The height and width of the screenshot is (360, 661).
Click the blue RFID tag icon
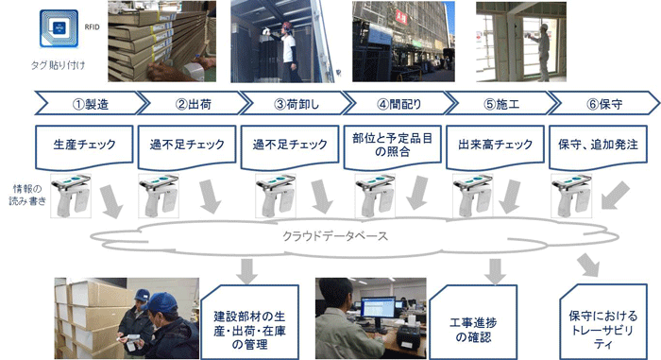click(x=59, y=28)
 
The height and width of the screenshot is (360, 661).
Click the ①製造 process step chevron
click(x=91, y=103)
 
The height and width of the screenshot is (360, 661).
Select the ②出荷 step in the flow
click(x=194, y=103)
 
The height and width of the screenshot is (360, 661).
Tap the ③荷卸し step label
click(x=297, y=103)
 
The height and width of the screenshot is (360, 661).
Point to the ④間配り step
click(x=399, y=103)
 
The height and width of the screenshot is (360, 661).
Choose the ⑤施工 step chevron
click(x=501, y=103)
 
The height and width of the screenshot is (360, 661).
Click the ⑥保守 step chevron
click(x=604, y=103)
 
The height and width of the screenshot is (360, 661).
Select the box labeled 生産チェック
click(x=84, y=146)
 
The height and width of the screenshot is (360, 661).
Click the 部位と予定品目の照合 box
click(x=393, y=146)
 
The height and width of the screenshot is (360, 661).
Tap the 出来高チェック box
click(x=496, y=146)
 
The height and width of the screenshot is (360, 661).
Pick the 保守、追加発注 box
click(x=598, y=146)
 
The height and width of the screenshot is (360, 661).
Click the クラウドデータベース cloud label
click(x=335, y=236)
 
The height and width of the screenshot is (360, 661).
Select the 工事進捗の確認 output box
click(x=473, y=323)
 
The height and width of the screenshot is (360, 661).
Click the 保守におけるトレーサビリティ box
click(x=603, y=323)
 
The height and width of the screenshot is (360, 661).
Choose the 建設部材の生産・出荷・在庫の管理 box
click(x=249, y=323)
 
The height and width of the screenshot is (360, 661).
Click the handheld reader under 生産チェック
click(x=71, y=196)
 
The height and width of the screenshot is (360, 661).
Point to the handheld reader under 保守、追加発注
click(x=571, y=196)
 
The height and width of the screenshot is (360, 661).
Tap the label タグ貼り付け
click(x=59, y=65)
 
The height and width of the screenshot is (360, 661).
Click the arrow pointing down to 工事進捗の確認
click(x=496, y=271)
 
